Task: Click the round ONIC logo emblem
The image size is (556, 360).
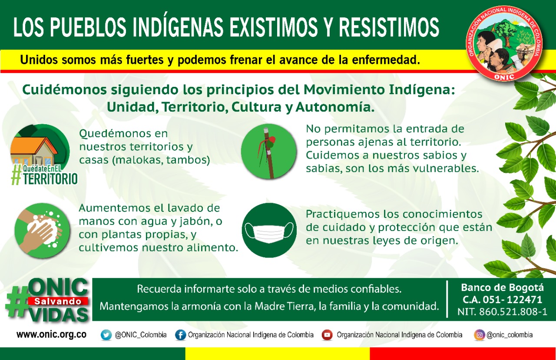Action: pos(504,44)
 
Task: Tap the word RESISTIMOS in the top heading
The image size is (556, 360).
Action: pos(389,27)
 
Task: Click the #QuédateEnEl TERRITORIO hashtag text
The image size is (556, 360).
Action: pos(45,175)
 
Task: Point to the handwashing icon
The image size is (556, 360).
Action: pos(42,230)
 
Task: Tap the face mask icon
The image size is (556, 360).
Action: pos(269,230)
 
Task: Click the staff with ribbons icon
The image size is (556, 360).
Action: pos(269,152)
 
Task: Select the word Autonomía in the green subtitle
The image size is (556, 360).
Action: pos(335,107)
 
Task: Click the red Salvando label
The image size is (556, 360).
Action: pos(58,301)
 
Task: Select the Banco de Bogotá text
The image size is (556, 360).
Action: pos(503,287)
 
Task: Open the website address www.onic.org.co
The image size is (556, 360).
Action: pos(52,334)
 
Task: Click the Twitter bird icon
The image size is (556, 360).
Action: pos(106,335)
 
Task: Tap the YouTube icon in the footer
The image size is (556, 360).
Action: pos(327,335)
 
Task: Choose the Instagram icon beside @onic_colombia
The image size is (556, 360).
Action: pos(480,335)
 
